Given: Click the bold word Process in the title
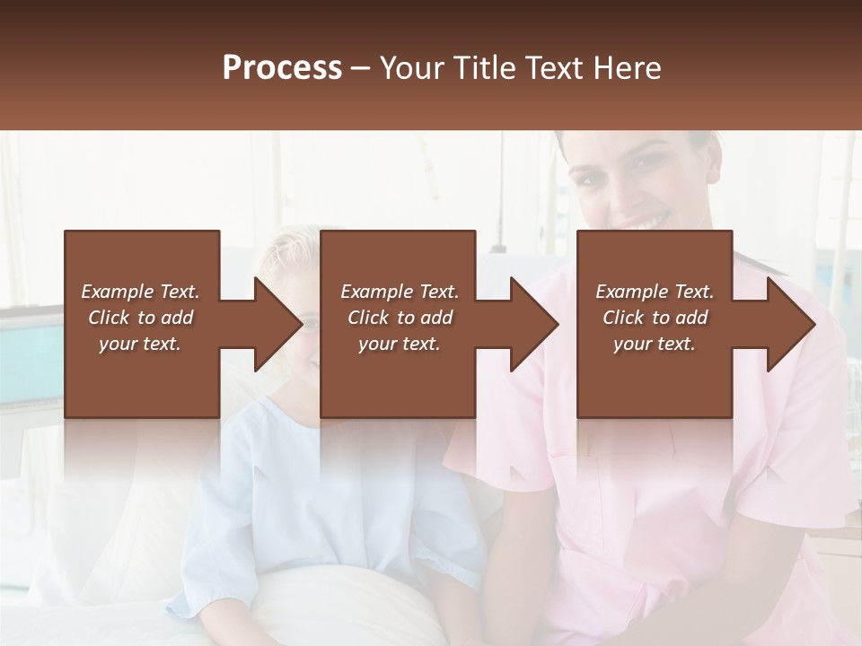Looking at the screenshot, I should pyautogui.click(x=282, y=68).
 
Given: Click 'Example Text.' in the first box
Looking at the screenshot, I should pyautogui.click(x=140, y=292).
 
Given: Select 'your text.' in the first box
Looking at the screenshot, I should pyautogui.click(x=140, y=344).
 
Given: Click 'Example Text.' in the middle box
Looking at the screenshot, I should pyautogui.click(x=400, y=292).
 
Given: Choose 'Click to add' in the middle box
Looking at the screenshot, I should pyautogui.click(x=400, y=318).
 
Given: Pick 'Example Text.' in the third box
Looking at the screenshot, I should pyautogui.click(x=655, y=292).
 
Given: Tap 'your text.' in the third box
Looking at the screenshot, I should pyautogui.click(x=655, y=344).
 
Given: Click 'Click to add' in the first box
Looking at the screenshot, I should pyautogui.click(x=140, y=318).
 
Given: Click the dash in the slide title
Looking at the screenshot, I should pyautogui.click(x=361, y=69).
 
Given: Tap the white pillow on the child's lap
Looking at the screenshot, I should pyautogui.click(x=359, y=601).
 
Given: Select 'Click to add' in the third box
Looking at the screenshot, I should pyautogui.click(x=655, y=318).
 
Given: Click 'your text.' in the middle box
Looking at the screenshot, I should pyautogui.click(x=400, y=344).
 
